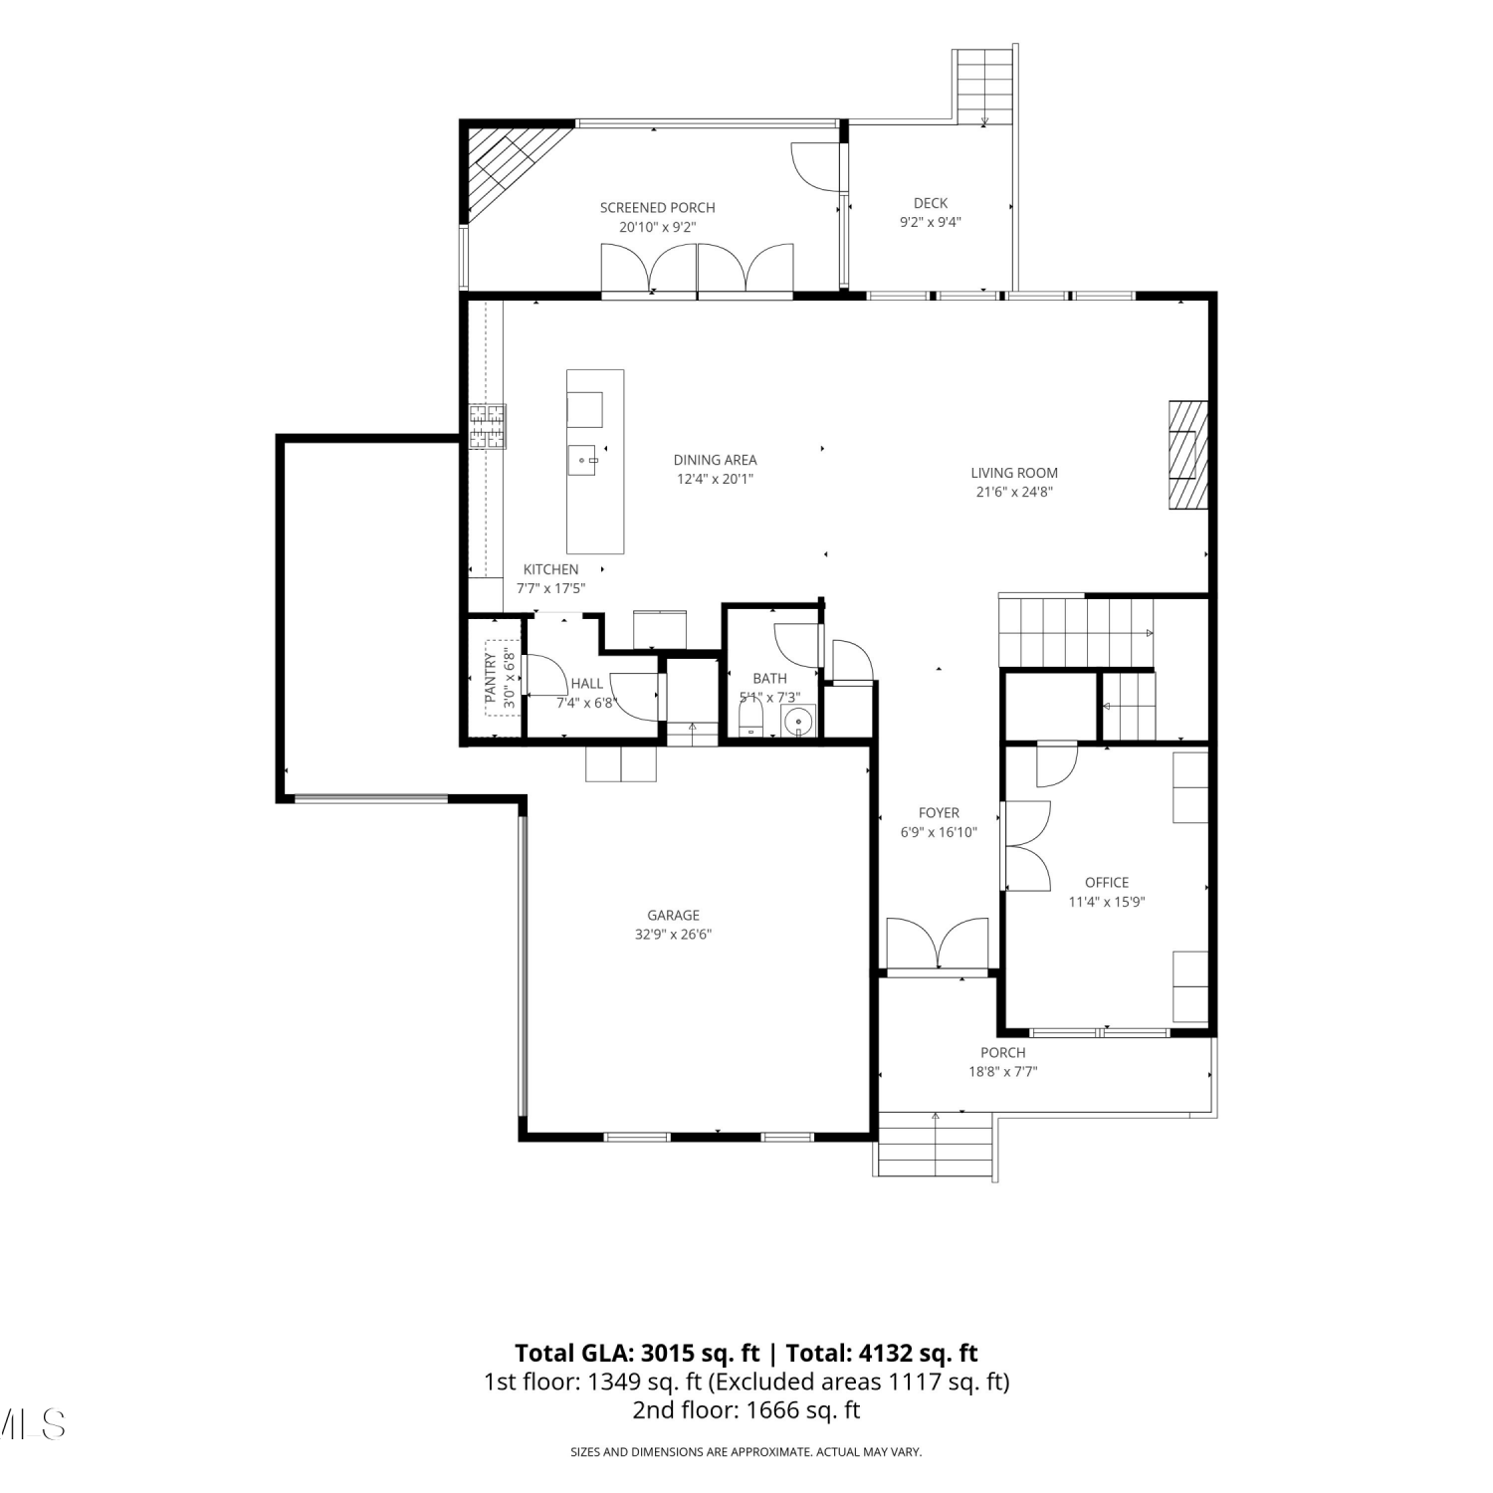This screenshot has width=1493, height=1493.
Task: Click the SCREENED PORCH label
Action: click(x=657, y=208)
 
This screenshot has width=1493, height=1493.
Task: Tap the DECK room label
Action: click(x=931, y=203)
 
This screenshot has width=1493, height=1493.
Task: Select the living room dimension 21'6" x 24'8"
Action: click(x=1014, y=492)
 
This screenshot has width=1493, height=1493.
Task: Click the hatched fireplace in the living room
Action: click(x=1188, y=455)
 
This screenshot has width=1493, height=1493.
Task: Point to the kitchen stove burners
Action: click(x=488, y=427)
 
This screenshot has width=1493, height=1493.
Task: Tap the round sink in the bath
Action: click(x=798, y=721)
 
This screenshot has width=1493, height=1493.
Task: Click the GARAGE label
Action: click(x=674, y=916)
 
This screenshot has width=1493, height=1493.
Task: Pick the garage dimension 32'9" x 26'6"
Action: click(x=674, y=935)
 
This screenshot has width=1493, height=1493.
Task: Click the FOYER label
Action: click(x=939, y=813)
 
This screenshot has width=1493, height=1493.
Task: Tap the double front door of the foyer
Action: click(x=938, y=945)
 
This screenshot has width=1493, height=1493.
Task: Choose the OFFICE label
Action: click(x=1107, y=883)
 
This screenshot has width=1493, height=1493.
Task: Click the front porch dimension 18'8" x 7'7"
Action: click(x=1003, y=1072)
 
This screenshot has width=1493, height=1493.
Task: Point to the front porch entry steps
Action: click(x=936, y=1145)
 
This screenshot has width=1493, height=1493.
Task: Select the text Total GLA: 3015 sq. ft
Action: click(x=637, y=1354)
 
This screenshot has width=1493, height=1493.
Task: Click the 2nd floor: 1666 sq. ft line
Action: click(x=746, y=1409)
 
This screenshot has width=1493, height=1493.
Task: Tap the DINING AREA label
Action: click(x=715, y=460)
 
